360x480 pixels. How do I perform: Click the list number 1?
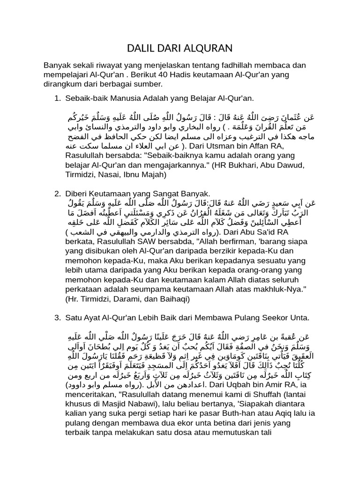click(57, 98)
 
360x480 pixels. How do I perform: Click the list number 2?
click(57, 194)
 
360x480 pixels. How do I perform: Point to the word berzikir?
click(215, 251)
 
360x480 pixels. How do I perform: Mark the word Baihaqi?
click(173, 298)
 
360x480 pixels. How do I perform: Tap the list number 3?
click(57, 318)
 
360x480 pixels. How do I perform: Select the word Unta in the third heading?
click(300, 318)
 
